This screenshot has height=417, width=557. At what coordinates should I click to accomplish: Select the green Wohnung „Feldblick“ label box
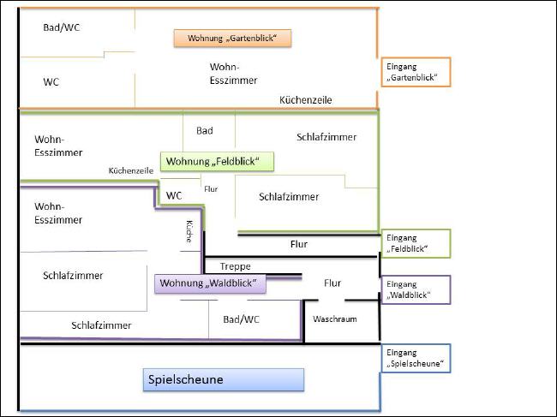tap(217, 161)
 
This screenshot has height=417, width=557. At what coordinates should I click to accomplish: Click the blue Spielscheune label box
tap(223, 379)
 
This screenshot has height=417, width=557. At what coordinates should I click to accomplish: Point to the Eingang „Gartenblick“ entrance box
tap(415, 72)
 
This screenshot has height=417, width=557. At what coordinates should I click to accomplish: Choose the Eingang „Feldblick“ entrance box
tap(415, 244)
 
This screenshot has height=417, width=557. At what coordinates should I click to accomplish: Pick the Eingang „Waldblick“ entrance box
tap(415, 289)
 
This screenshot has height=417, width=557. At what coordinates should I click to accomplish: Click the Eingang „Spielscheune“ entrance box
tap(415, 358)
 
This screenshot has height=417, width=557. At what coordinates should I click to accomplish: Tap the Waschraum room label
tap(334, 319)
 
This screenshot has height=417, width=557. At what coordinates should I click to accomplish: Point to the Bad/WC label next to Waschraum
tap(240, 319)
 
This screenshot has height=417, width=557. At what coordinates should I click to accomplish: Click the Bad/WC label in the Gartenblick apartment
tap(62, 27)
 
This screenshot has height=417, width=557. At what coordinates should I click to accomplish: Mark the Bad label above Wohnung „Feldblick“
tap(204, 130)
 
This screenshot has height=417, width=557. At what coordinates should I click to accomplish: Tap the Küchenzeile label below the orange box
tap(305, 100)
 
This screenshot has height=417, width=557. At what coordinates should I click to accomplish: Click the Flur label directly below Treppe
tap(332, 283)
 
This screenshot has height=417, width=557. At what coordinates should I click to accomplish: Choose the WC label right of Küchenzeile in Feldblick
tap(174, 195)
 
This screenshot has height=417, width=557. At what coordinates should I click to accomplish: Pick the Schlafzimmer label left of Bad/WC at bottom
tap(101, 325)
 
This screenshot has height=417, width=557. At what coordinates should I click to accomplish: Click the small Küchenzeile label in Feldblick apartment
tap(130, 170)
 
